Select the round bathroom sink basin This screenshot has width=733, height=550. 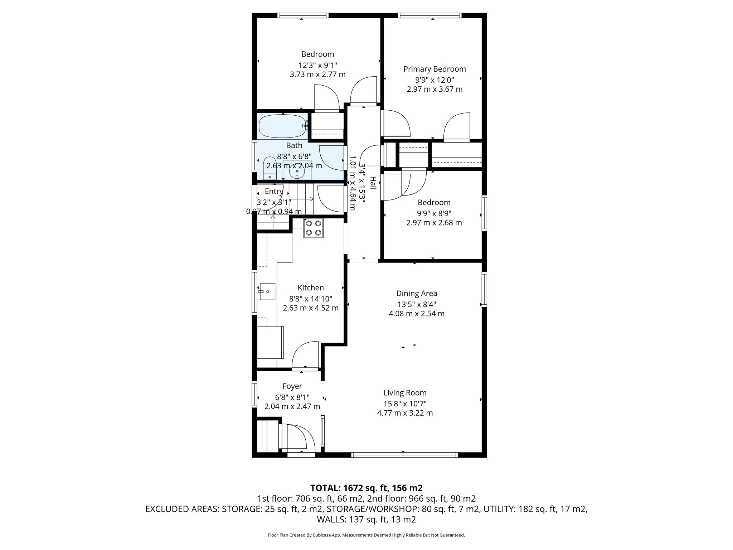pyautogui.click(x=297, y=172)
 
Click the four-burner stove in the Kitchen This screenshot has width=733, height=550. pyautogui.click(x=314, y=228)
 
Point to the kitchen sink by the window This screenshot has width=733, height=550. pyautogui.click(x=267, y=291)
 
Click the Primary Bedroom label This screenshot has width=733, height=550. pyautogui.click(x=435, y=69)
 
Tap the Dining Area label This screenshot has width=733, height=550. pyautogui.click(x=417, y=294)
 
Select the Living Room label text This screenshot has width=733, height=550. pyautogui.click(x=405, y=393)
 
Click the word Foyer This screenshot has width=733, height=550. pyautogui.click(x=292, y=386)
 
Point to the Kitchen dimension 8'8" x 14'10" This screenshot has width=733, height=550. pyautogui.click(x=311, y=298)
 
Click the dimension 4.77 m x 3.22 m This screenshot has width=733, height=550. pyautogui.click(x=405, y=413)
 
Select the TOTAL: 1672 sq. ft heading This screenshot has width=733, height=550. pyautogui.click(x=366, y=488)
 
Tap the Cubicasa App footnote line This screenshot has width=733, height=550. pyautogui.click(x=366, y=535)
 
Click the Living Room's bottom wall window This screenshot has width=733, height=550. pyautogui.click(x=404, y=455)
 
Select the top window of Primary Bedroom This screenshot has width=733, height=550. pyautogui.click(x=429, y=15)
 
